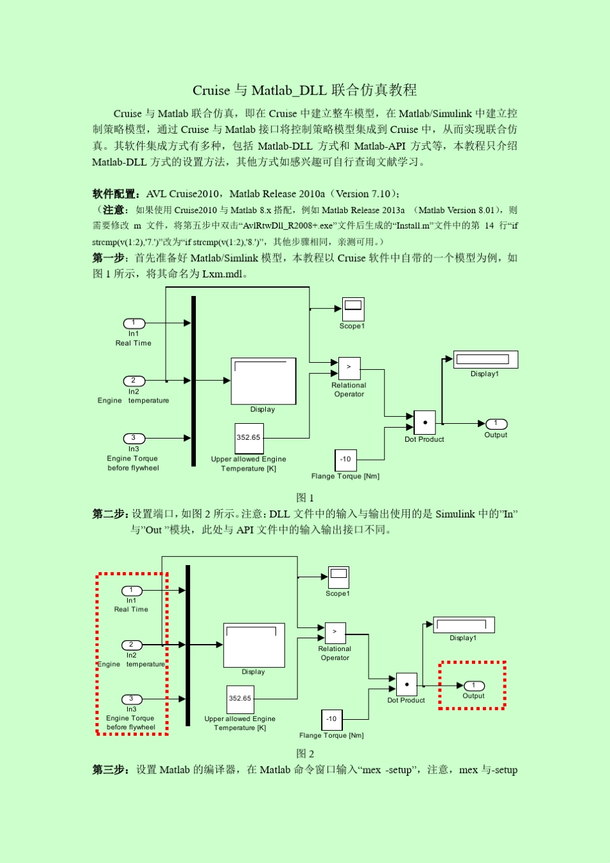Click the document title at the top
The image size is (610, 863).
coord(304,90)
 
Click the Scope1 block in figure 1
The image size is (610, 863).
coord(353,309)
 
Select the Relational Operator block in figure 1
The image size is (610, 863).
coord(349,368)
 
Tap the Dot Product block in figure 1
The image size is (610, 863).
coord(424,423)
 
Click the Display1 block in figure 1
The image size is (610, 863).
coord(485,360)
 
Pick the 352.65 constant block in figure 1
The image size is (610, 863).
coord(248,438)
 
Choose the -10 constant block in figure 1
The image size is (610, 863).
coord(345,459)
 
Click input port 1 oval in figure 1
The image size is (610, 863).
coord(134,324)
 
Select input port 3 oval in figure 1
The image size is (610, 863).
coord(134,439)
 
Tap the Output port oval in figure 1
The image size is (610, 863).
coord(496,424)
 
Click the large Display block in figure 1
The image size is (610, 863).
coord(263,381)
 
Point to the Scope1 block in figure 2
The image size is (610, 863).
coord(338,577)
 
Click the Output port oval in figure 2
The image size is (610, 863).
coord(474,686)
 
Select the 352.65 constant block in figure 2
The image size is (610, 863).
coord(240,699)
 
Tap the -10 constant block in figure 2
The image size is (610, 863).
coord(331,719)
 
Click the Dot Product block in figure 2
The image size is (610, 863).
coord(406,684)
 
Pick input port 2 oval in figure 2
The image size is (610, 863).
coord(132,645)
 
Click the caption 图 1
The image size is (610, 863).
coord(305,498)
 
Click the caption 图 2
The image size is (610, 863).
coord(305,754)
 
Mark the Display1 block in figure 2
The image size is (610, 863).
coord(464,625)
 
